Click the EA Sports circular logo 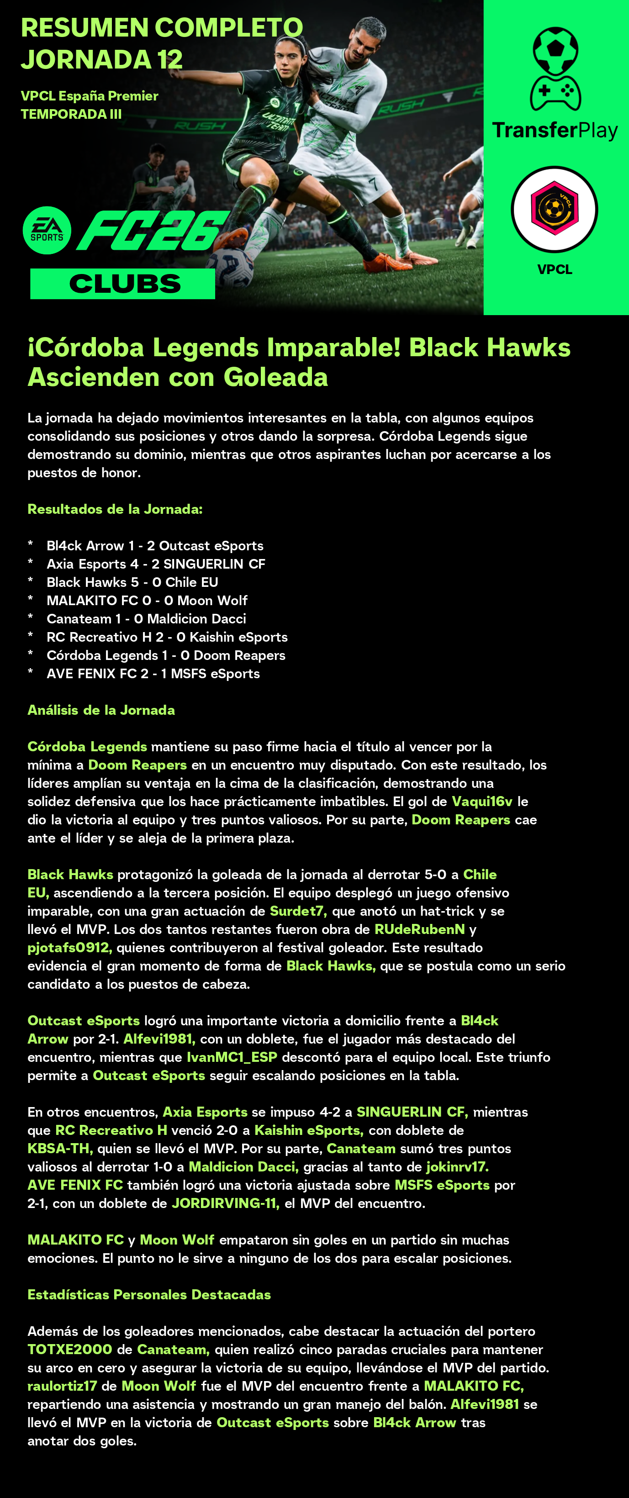pyautogui.click(x=47, y=230)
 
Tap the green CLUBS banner pyautogui.click(x=123, y=284)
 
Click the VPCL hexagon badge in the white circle pyautogui.click(x=555, y=209)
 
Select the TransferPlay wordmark pyautogui.click(x=555, y=130)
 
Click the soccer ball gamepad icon pyautogui.click(x=555, y=69)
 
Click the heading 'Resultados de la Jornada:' pyautogui.click(x=115, y=509)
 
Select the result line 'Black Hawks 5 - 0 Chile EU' pyautogui.click(x=132, y=582)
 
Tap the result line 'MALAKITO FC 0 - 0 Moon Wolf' pyautogui.click(x=147, y=600)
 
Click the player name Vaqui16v pyautogui.click(x=482, y=802)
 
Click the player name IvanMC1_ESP pyautogui.click(x=232, y=1057)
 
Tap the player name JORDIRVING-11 pyautogui.click(x=225, y=1203)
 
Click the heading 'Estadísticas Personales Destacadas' pyautogui.click(x=149, y=1294)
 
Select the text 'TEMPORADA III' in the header pyautogui.click(x=71, y=114)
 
